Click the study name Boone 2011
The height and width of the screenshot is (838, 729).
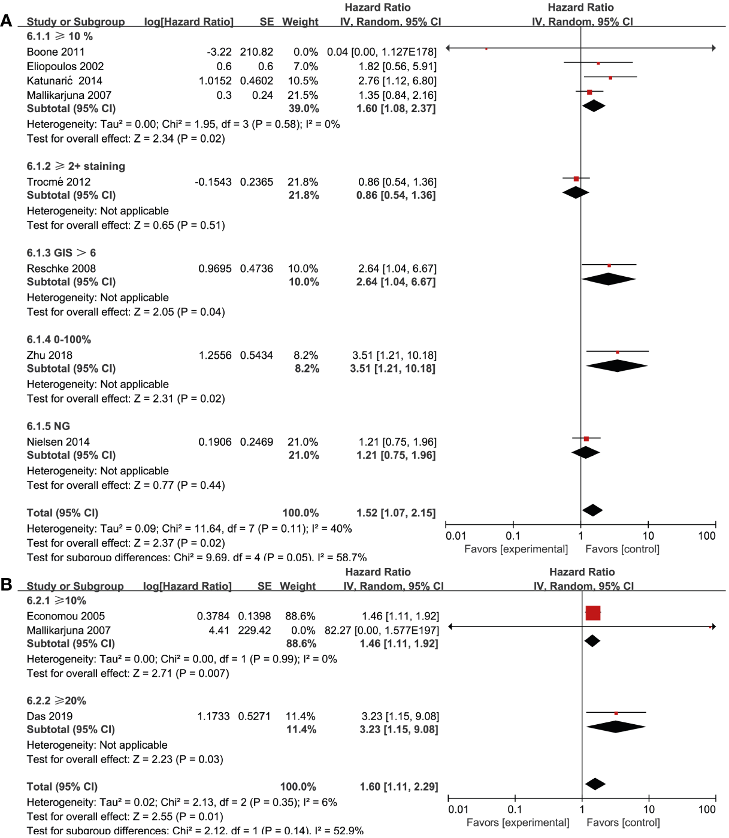pos(56,52)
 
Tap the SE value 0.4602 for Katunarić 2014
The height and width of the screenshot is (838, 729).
pos(256,81)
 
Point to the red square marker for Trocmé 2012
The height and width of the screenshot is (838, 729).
pos(576,179)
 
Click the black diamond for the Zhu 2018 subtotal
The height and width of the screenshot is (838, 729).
pos(616,366)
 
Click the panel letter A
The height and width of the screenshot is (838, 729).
pos(7,21)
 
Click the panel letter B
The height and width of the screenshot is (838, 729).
pos(7,584)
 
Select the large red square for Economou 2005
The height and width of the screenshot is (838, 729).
pos(592,613)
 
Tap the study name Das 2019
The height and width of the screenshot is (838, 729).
pos(50,716)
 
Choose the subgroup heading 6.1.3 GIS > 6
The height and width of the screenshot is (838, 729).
pos(61,253)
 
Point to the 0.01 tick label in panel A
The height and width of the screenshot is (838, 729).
pos(456,536)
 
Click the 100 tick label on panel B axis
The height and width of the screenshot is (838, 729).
pos(707,810)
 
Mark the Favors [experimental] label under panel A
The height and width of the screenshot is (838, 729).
pos(516,549)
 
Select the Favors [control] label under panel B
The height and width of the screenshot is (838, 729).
pos(623,823)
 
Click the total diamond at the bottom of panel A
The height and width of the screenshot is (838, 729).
pos(592,510)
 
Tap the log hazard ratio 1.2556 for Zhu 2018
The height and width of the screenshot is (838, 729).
pos(215,355)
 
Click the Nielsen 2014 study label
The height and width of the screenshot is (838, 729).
pos(58,442)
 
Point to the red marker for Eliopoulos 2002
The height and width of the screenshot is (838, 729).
pos(598,63)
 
